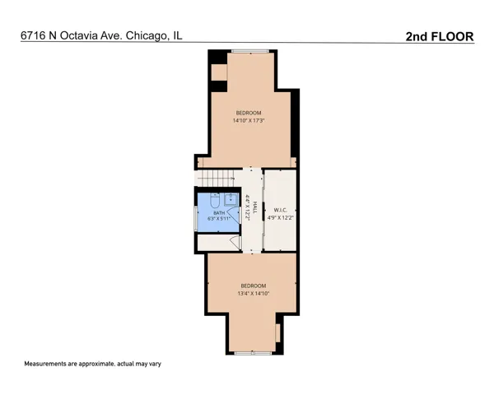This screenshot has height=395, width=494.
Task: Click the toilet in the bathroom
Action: tap(215, 201)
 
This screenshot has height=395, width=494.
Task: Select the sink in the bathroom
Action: tap(231, 200)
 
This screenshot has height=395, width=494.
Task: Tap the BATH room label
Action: tap(219, 213)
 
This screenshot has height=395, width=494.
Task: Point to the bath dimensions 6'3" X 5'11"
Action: tap(219, 218)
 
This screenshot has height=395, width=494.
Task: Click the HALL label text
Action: tap(255, 207)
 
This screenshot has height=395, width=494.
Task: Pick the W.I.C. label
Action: tap(280, 210)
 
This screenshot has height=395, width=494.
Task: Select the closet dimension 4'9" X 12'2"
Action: tap(281, 217)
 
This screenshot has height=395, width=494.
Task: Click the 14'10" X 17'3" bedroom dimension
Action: tap(249, 120)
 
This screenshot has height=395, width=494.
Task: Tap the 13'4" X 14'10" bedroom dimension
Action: tap(254, 293)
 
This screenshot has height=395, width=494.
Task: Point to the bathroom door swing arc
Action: tap(234, 215)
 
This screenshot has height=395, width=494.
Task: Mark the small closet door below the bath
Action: tap(235, 242)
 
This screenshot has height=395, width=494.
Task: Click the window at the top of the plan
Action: tap(250, 51)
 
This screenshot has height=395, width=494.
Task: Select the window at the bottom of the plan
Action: tap(254, 353)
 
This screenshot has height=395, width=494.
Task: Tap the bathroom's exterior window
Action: tap(195, 218)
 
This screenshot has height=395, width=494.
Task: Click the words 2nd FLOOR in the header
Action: tap(440, 36)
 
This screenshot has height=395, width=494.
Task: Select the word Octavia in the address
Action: tap(79, 35)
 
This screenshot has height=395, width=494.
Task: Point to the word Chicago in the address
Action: tap(146, 36)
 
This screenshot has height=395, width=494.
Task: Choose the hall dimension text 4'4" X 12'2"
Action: tap(248, 207)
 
